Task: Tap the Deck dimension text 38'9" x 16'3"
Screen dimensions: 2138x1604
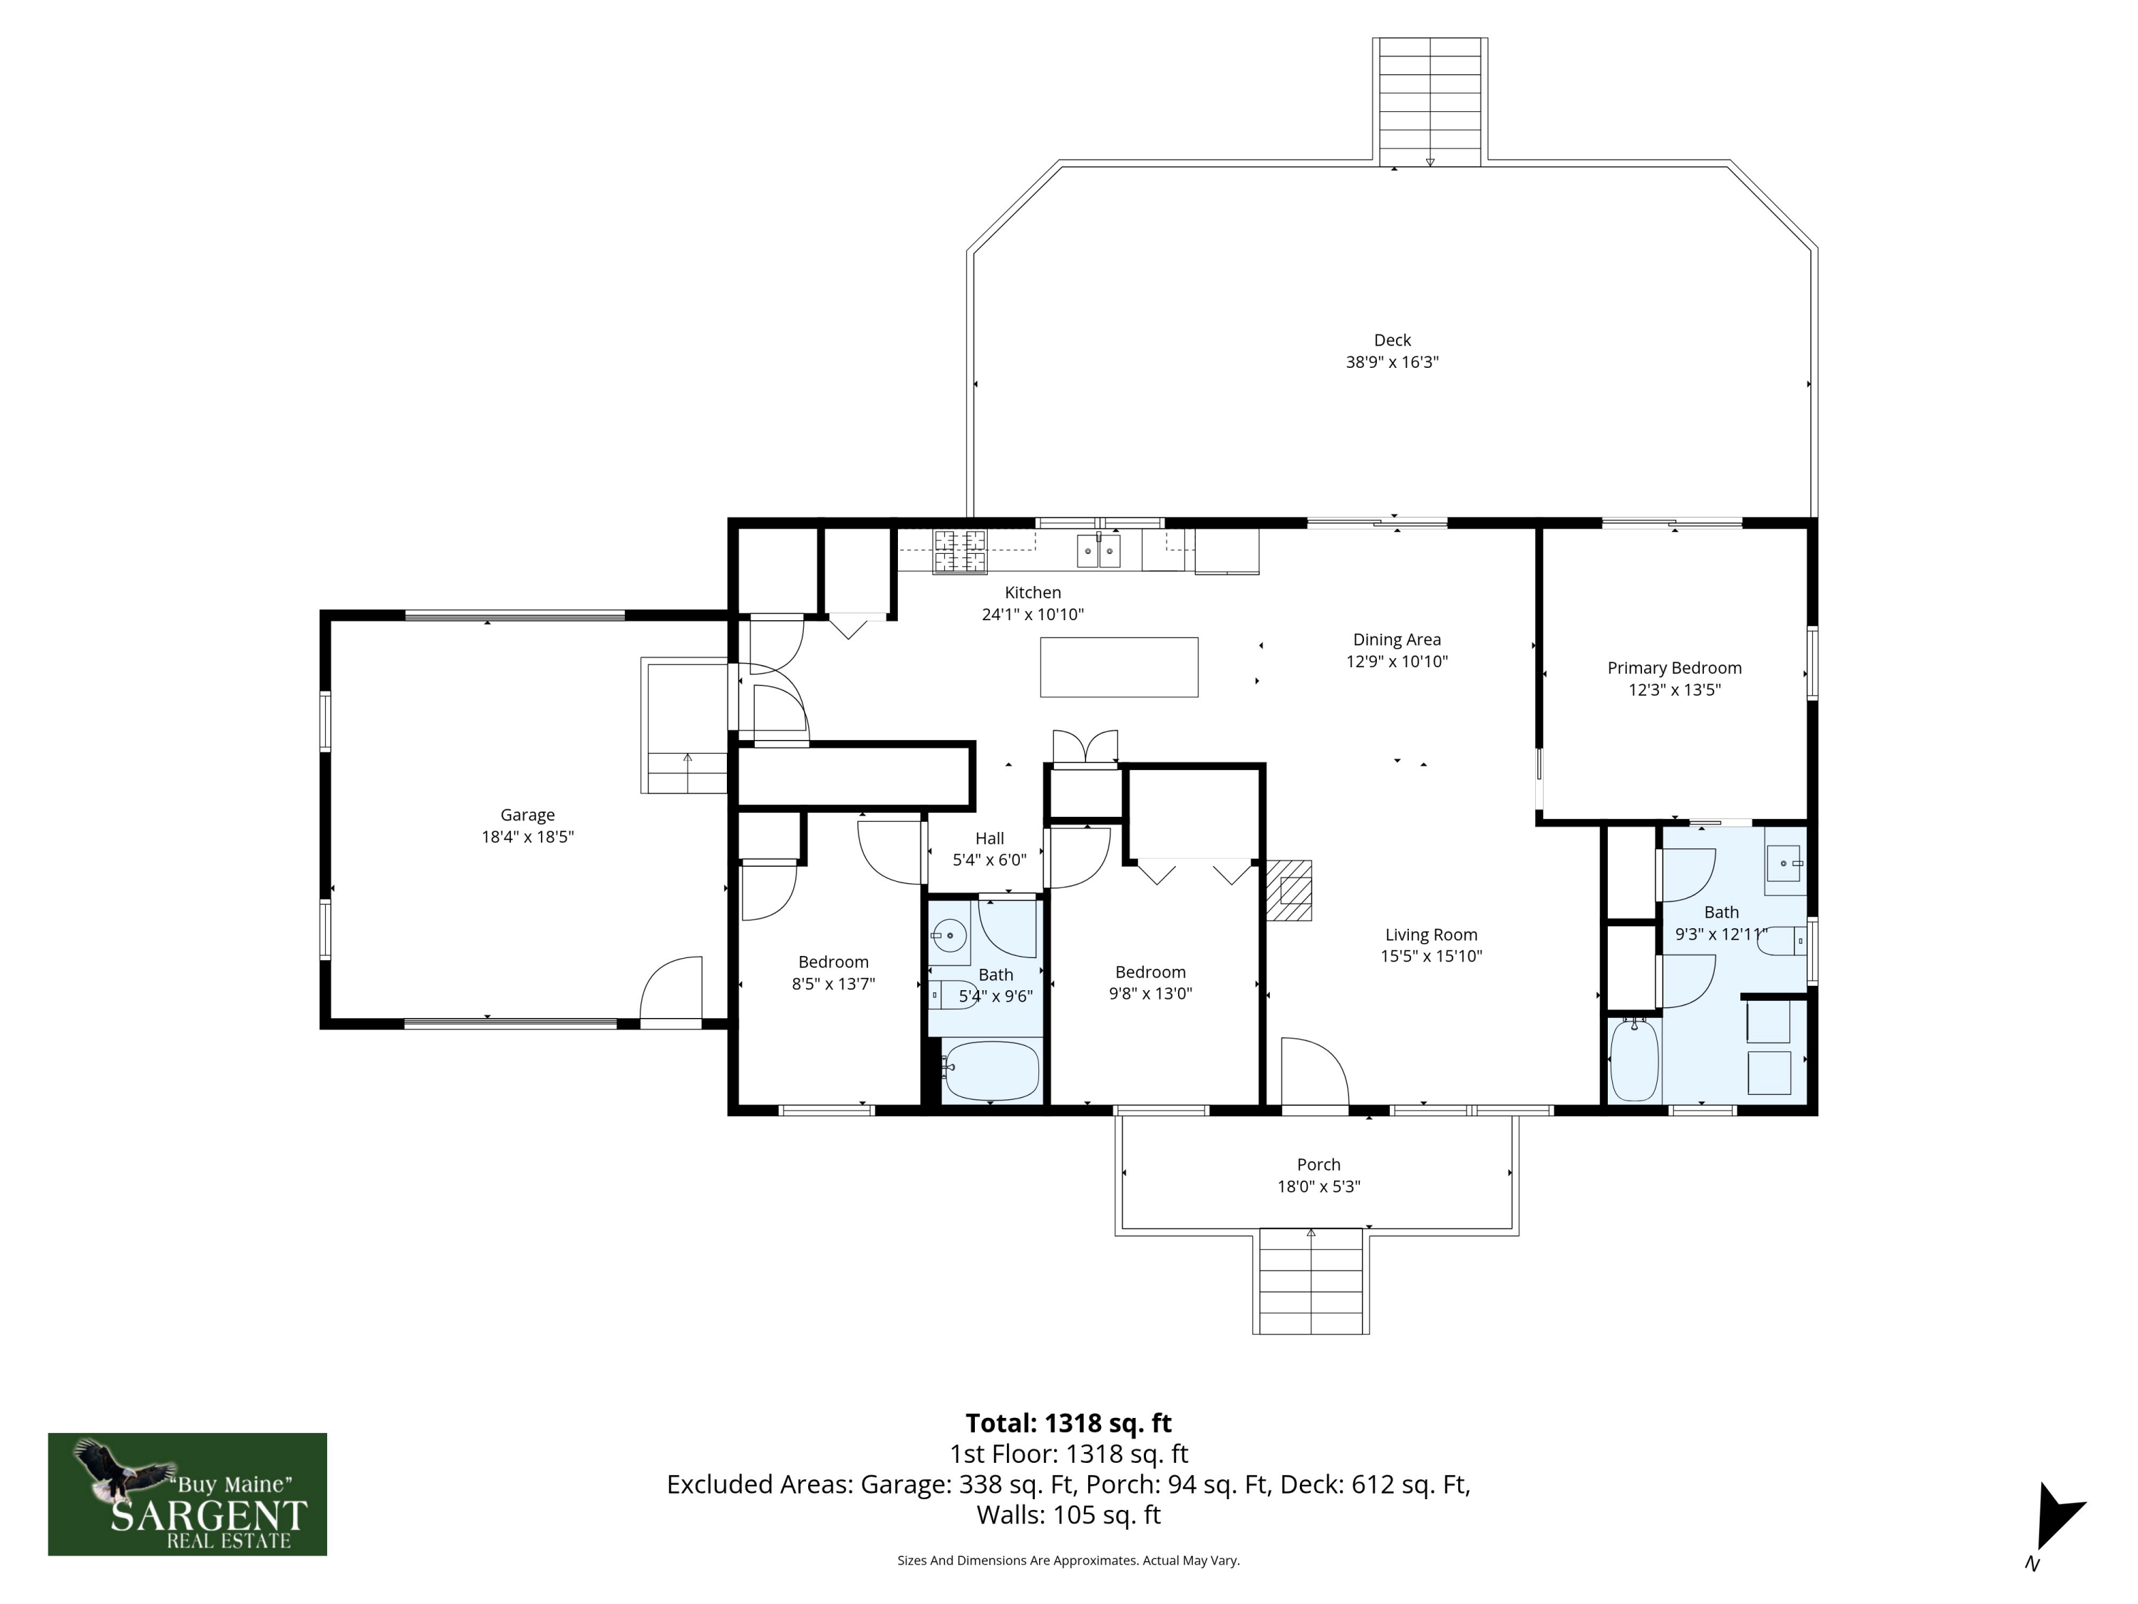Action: point(1392,363)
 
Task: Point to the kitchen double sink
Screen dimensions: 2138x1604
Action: point(1099,550)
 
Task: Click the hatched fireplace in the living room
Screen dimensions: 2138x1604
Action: point(1289,890)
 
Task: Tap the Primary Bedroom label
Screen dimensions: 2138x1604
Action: point(1674,668)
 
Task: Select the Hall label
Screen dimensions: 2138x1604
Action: point(990,838)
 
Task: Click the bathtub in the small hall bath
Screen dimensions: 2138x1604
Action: point(991,1070)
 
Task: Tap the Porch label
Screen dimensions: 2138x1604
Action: point(1318,1164)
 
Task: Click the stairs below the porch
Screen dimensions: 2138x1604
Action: point(1311,1281)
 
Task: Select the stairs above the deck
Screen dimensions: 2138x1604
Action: point(1430,101)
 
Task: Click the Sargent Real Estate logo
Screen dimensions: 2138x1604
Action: point(187,1494)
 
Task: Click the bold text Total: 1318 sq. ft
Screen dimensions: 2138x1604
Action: point(1068,1423)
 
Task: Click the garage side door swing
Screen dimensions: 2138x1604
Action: point(671,988)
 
